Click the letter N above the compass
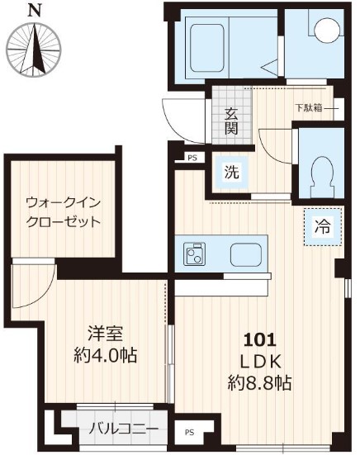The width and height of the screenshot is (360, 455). point(32,11)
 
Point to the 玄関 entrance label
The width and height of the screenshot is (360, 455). point(231,121)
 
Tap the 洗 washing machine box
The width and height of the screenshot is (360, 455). point(232,173)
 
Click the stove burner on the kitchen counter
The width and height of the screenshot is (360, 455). point(194,254)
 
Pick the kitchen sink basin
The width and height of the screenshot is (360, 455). point(245,254)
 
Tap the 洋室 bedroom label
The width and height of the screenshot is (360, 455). point(106,334)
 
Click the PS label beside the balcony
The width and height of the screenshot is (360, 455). point(191,431)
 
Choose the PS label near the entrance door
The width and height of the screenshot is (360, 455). point(192,156)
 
